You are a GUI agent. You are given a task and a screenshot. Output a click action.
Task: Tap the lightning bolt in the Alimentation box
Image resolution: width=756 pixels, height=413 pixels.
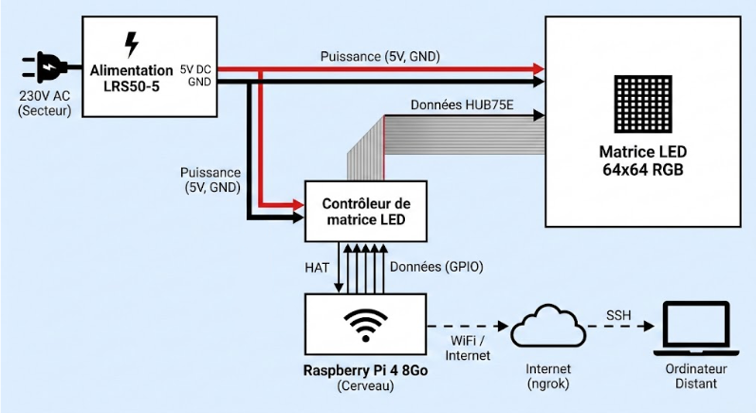click(x=131, y=44)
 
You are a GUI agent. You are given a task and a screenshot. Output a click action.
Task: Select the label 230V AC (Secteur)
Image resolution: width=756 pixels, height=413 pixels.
click(x=44, y=103)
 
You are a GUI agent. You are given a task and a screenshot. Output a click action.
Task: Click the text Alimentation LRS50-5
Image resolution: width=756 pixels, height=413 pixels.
click(x=131, y=79)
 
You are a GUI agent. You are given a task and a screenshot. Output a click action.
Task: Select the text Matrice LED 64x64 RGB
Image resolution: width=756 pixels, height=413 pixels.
click(x=642, y=160)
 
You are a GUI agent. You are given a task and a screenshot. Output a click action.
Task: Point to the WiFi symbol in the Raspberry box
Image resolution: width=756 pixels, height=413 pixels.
click(x=365, y=324)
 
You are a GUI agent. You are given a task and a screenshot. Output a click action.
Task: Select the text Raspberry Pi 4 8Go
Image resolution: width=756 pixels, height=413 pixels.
click(x=365, y=369)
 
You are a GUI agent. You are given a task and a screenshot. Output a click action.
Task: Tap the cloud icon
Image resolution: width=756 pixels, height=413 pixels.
click(x=544, y=329)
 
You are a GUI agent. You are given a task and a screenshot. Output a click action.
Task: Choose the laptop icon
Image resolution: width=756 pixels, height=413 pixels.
click(x=697, y=328)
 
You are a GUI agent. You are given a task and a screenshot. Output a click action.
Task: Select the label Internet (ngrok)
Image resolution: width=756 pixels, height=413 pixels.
click(x=544, y=376)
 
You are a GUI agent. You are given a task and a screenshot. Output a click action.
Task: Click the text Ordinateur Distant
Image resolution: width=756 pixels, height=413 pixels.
click(x=697, y=376)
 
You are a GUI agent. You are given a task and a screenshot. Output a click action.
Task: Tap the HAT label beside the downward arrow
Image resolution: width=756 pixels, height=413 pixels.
click(x=317, y=268)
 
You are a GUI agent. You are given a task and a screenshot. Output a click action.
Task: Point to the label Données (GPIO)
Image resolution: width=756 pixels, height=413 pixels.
click(x=437, y=268)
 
